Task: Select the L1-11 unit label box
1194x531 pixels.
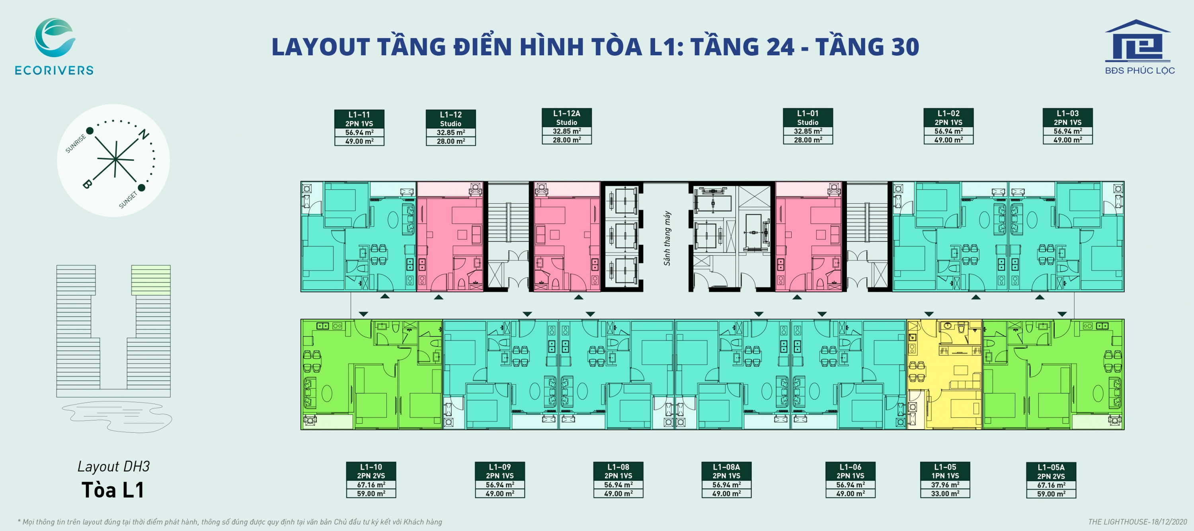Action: (359, 127)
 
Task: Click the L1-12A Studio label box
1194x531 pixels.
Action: (566, 126)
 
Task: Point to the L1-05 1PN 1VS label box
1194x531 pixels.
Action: (945, 480)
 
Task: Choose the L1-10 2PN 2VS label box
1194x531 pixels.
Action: (371, 480)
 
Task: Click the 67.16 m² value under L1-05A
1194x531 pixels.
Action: (1051, 485)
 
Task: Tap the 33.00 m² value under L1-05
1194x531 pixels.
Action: (945, 494)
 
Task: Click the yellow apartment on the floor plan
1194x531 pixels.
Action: (944, 374)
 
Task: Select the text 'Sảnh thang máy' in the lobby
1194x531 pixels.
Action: (667, 238)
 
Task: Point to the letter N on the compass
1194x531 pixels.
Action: (144, 134)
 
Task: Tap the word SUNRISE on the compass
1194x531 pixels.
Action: (76, 144)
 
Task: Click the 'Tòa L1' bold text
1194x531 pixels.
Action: (113, 490)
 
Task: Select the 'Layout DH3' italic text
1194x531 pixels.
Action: (113, 466)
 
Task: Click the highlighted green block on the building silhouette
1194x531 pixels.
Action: (150, 280)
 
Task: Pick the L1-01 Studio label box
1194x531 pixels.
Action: (808, 126)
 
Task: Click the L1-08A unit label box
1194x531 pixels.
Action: (726, 480)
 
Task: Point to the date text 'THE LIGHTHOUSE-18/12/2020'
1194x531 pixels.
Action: (1137, 522)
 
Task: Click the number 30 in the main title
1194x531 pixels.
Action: (904, 47)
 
